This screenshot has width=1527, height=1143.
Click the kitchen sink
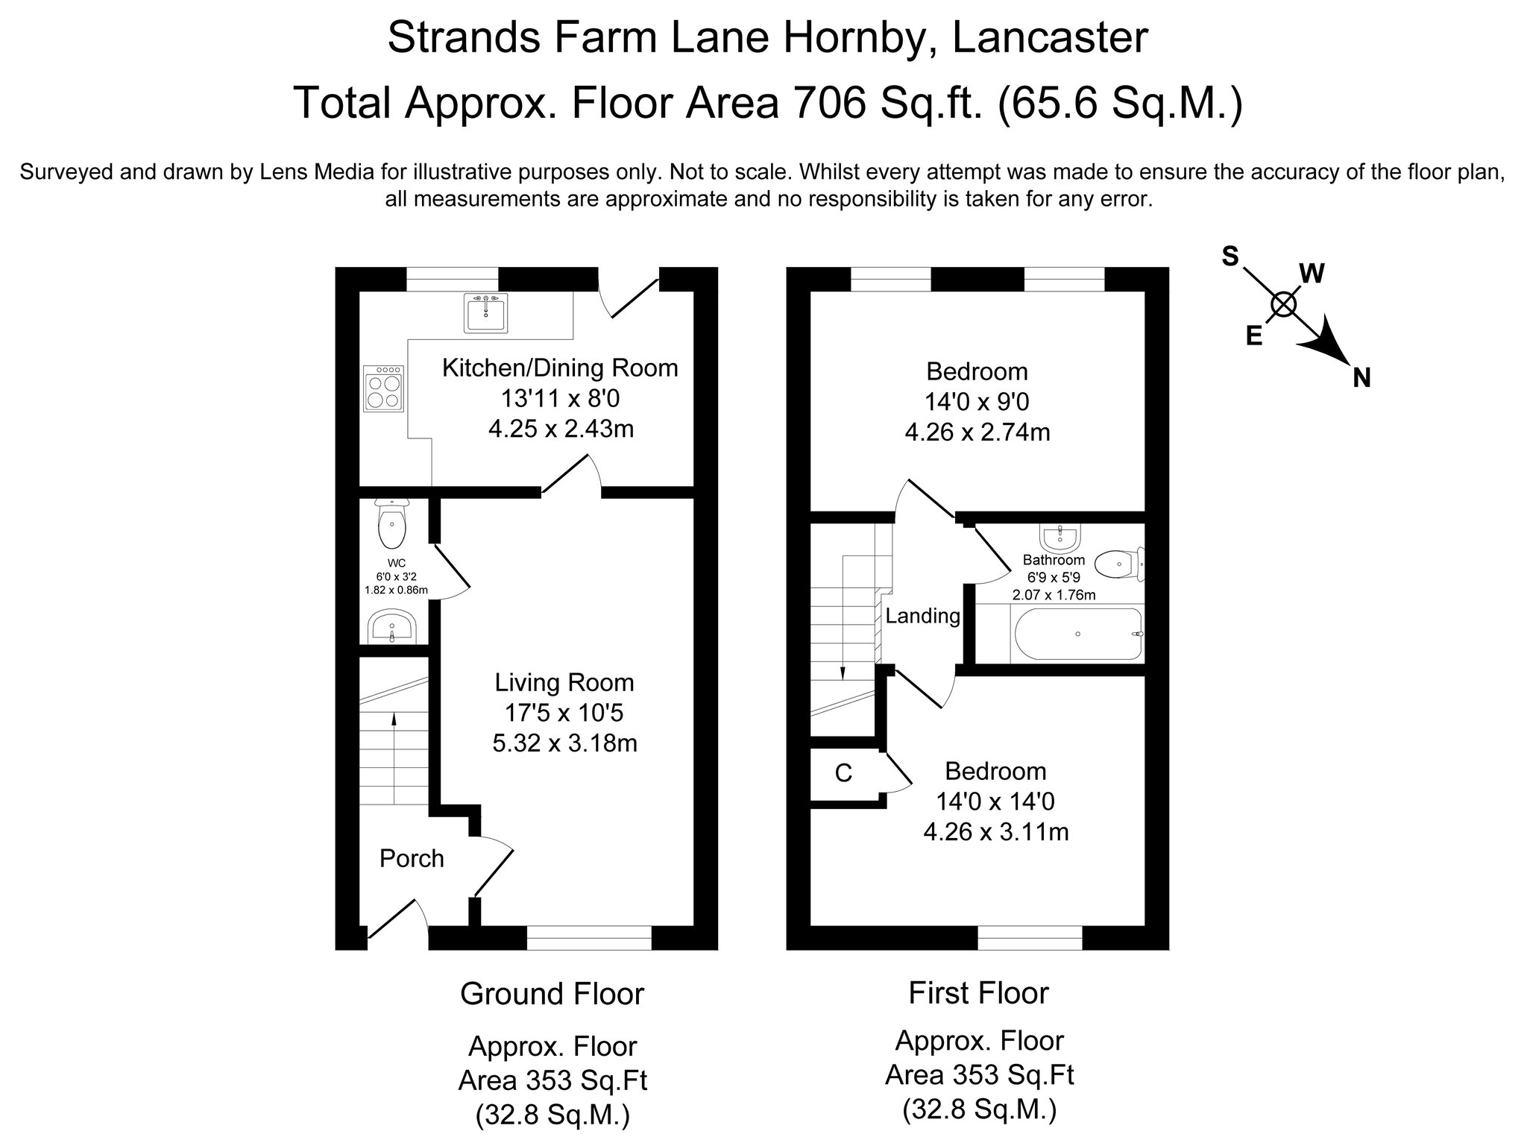[485, 312]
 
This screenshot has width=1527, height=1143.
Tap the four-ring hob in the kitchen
[384, 388]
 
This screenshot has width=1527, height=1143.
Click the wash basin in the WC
[392, 626]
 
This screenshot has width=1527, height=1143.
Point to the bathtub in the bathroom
[1076, 635]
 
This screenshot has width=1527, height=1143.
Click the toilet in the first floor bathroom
[1119, 564]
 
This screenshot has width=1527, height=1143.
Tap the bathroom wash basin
[1060, 536]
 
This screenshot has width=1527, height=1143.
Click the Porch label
[412, 859]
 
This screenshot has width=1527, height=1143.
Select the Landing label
[923, 616]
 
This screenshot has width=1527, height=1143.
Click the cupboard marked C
[843, 774]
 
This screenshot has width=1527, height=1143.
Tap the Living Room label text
[564, 682]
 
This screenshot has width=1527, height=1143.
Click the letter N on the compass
[1361, 379]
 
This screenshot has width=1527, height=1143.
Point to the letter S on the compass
[1230, 256]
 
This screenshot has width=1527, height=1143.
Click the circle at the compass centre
[1283, 304]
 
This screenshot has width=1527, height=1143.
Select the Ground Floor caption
[552, 994]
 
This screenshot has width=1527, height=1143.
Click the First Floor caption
[978, 993]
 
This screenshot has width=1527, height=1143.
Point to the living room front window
[589, 937]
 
